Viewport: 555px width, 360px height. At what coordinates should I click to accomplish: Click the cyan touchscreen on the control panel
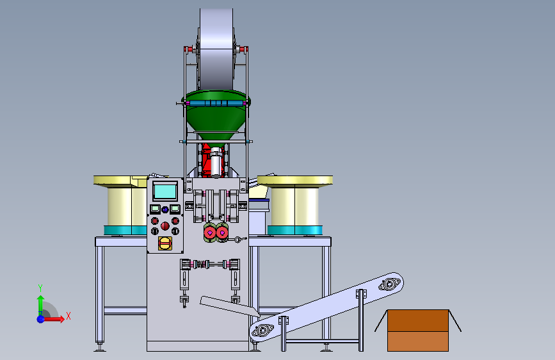(x=165, y=192)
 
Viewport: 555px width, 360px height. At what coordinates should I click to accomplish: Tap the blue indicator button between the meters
(x=165, y=209)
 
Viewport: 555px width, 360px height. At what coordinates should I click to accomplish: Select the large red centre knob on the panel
(x=165, y=226)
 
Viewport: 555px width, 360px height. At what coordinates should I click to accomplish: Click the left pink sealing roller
(x=210, y=233)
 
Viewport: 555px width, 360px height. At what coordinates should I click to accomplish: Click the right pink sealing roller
(x=222, y=233)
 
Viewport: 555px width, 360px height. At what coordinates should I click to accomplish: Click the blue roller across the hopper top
(x=216, y=104)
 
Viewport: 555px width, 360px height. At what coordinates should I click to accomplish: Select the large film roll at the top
(x=216, y=49)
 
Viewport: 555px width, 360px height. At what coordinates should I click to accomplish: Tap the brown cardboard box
(x=418, y=331)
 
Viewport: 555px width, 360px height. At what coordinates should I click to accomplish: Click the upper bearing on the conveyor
(x=390, y=284)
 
